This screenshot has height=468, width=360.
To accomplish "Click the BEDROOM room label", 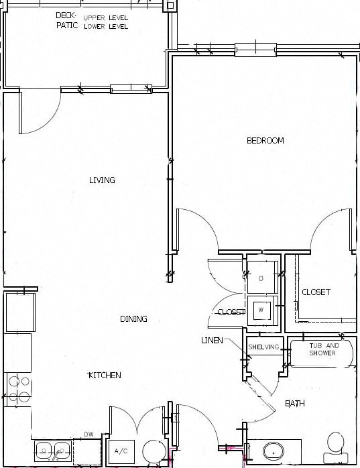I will (x=265, y=141).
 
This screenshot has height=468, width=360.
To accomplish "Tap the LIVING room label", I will (x=102, y=180).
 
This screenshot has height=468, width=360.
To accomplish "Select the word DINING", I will (x=133, y=319).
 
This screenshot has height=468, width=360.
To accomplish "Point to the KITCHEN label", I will (x=105, y=375).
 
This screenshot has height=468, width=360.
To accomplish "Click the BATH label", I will (x=295, y=404).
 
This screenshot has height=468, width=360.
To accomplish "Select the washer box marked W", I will (x=261, y=310).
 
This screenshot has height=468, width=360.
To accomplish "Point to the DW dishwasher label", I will (x=88, y=434).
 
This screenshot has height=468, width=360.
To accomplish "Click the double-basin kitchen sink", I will (x=54, y=450).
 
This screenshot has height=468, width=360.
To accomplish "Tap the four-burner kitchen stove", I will (x=18, y=389).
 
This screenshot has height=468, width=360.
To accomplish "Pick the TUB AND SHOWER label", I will (x=324, y=349).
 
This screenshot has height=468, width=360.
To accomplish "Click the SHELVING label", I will (x=263, y=347).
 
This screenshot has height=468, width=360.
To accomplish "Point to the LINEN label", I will (x=212, y=341).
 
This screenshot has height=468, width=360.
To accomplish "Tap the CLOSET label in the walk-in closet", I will (x=316, y=292).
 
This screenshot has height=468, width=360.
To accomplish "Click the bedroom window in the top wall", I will (x=255, y=49).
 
